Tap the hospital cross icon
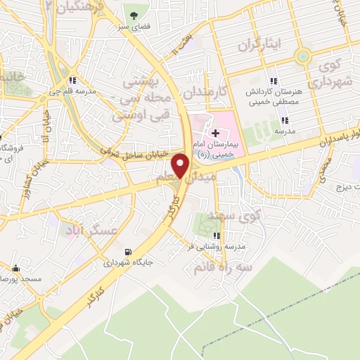click(215, 133)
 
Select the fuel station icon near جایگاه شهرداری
click(127, 252)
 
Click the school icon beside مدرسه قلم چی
click(74, 80)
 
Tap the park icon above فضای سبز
click(131, 14)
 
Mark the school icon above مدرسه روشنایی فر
click(218, 236)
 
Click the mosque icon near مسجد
click(16, 268)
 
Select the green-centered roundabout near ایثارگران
click(304, 56)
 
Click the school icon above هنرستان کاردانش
click(274, 82)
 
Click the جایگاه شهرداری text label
click(129, 264)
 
